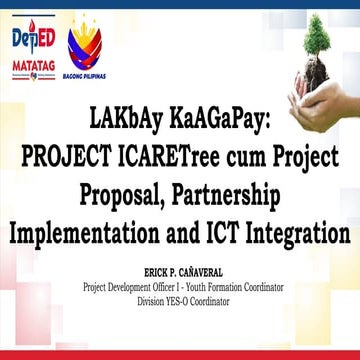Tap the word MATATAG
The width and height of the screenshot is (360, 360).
pos(30,63)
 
